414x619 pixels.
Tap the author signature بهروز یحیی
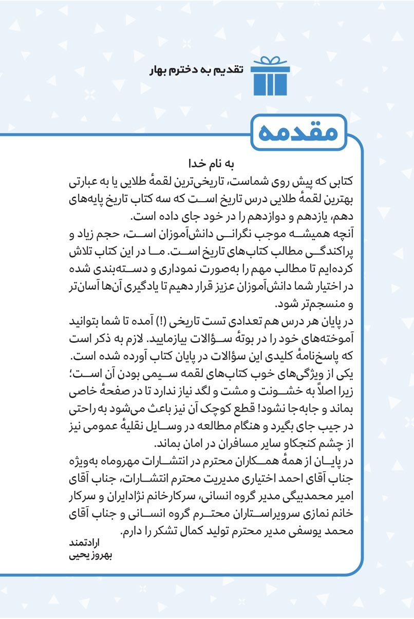click(x=90, y=556)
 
